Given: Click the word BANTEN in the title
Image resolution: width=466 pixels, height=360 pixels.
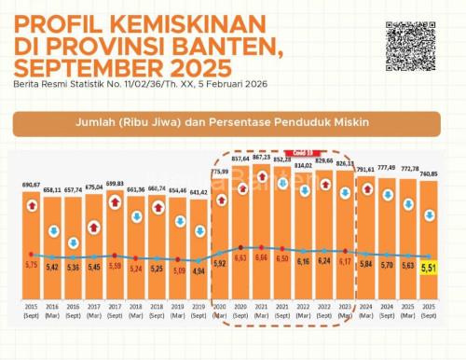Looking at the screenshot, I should click(185, 43).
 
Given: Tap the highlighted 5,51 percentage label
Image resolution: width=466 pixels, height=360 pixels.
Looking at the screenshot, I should click(430, 269).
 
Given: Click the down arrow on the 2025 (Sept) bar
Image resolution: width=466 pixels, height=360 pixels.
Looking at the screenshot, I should click(430, 215).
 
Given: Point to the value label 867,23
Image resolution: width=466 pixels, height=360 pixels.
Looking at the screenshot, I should click(262, 158).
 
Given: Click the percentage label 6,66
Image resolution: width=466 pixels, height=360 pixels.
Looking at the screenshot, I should click(262, 257).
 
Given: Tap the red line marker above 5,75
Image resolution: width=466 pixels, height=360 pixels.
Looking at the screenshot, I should click(32, 254).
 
